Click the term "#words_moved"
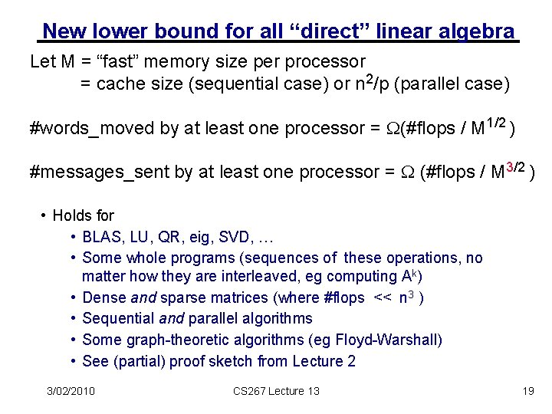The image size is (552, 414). click(91, 128)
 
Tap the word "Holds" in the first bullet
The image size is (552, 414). click(73, 216)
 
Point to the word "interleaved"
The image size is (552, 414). click(251, 276)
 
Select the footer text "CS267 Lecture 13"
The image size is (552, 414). click(276, 391)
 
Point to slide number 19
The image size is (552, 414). click(527, 391)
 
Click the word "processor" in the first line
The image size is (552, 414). click(324, 60)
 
